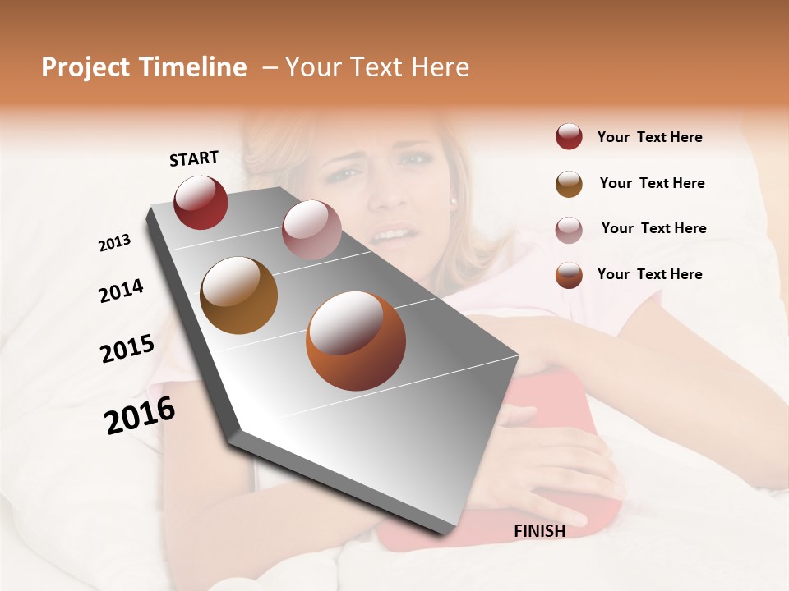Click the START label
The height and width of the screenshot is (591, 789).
point(194,158)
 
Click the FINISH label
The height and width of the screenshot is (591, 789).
point(539,531)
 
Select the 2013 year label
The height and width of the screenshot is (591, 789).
point(114,243)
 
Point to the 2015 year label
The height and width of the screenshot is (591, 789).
point(127,349)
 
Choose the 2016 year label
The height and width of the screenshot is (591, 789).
point(140,415)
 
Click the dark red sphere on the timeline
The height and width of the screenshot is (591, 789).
point(201,202)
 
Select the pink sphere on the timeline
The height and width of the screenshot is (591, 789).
point(311,230)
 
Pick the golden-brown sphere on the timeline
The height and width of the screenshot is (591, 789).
point(238,295)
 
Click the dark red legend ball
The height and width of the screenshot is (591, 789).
point(569,137)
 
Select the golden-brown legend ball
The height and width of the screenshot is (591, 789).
point(569,183)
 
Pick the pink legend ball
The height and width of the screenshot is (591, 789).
point(569,229)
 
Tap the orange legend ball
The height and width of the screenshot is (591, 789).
point(569,275)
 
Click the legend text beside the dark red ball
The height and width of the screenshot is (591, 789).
point(649,137)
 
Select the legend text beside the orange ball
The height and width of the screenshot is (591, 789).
point(649,274)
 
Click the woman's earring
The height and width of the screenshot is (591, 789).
point(453,199)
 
